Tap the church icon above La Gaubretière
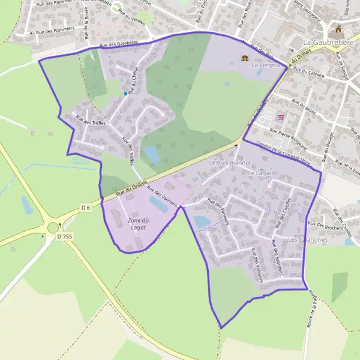tap(339, 29)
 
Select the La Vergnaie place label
tap(266, 64)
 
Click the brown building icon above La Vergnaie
tap(245, 58)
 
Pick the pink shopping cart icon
tap(279, 118)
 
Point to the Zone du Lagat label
tap(138, 224)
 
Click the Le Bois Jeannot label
tap(229, 163)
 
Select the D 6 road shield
tap(85, 208)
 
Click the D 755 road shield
tap(65, 236)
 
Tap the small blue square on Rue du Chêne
tap(125, 94)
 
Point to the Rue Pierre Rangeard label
tap(289, 137)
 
